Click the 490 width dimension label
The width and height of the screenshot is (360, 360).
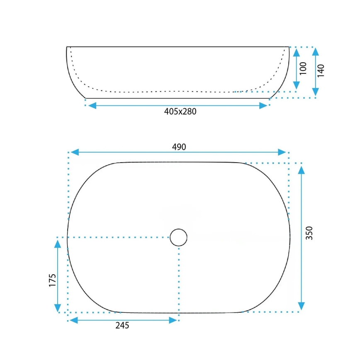point(179,147)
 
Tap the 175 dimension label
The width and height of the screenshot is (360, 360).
point(52,281)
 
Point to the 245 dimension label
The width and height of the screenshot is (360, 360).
point(122,326)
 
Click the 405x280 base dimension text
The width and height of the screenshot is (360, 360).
point(180,112)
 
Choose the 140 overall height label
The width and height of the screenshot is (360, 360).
point(321,70)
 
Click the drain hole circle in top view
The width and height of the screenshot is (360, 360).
point(179,237)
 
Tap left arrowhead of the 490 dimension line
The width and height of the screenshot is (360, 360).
point(73,152)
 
